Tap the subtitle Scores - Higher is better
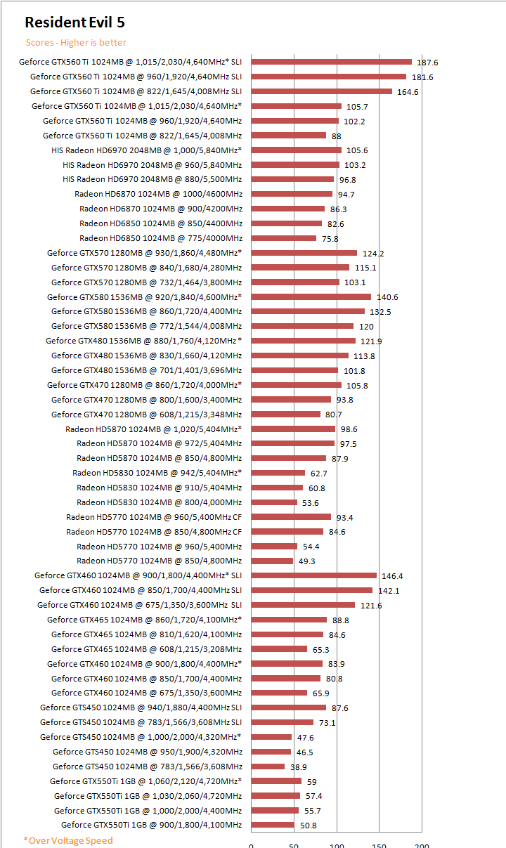[76, 43]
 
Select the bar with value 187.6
[331, 62]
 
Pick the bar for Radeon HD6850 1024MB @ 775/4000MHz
[283, 238]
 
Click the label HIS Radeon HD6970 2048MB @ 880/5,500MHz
[152, 179]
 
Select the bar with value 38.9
[268, 767]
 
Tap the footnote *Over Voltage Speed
[67, 840]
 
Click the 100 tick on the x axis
[337, 846]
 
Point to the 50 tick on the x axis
[294, 846]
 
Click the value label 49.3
[307, 561]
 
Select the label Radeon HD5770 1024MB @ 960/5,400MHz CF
[154, 517]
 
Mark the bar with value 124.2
[304, 253]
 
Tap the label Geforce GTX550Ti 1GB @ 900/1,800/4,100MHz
[151, 825]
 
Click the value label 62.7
[318, 474]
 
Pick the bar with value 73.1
[282, 722]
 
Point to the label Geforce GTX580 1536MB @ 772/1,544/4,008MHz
[146, 326]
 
